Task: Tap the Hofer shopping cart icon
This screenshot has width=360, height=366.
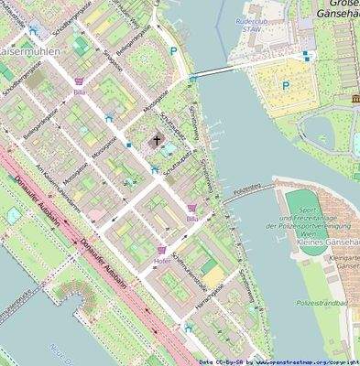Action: tap(162, 249)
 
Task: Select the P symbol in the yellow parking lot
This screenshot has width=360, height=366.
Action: tap(284, 86)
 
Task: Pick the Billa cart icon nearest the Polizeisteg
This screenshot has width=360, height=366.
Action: tap(191, 209)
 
